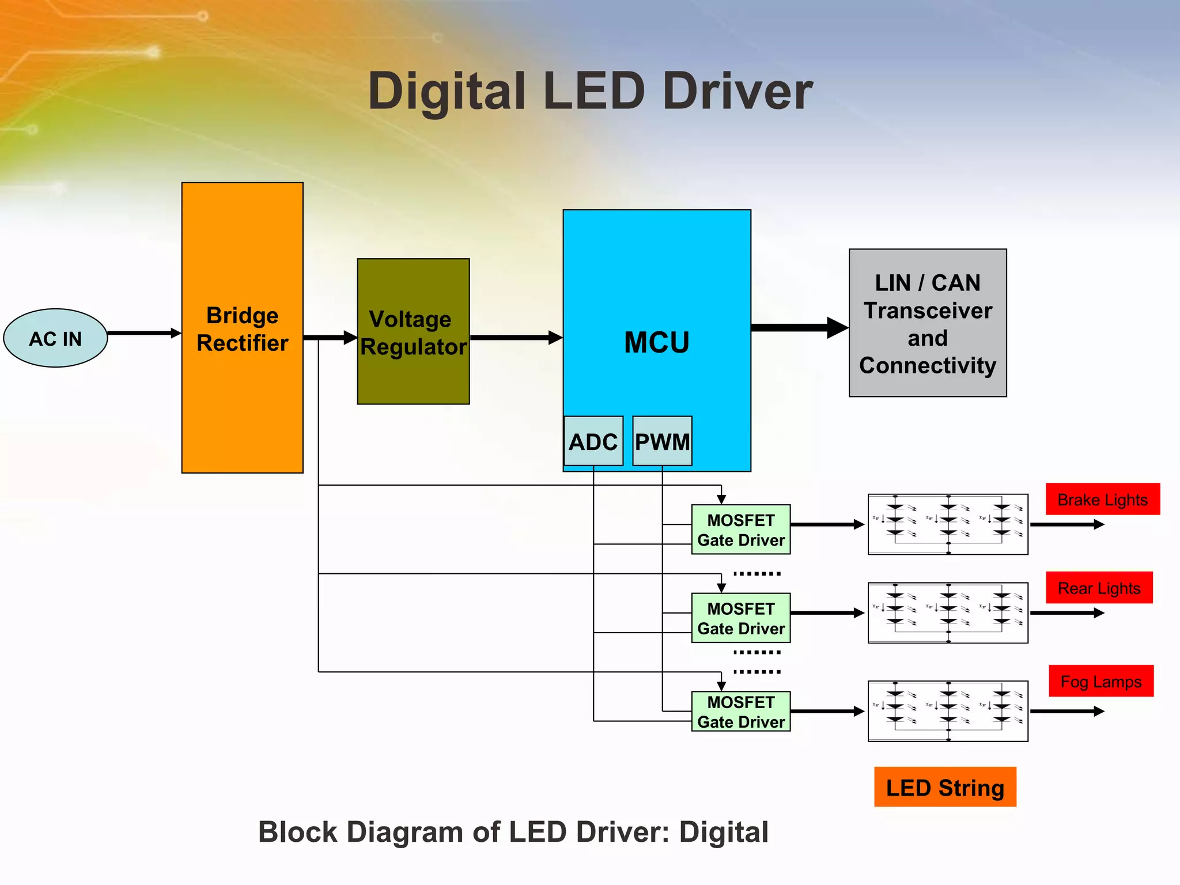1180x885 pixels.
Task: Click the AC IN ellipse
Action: click(x=55, y=338)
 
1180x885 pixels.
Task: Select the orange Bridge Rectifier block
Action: click(x=242, y=328)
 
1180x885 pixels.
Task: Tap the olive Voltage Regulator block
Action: click(x=413, y=332)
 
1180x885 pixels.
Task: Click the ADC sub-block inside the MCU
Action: click(x=593, y=441)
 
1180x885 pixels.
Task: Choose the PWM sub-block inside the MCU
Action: click(x=662, y=441)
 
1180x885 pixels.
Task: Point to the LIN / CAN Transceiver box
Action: click(x=928, y=323)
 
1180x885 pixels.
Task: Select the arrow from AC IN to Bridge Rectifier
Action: click(x=144, y=333)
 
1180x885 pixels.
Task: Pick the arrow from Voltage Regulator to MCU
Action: click(x=516, y=338)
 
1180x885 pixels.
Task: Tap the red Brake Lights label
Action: click(x=1102, y=500)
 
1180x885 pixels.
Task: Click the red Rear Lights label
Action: click(x=1099, y=588)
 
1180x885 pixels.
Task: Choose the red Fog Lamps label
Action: click(x=1100, y=682)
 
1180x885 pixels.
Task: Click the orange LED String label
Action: click(x=945, y=787)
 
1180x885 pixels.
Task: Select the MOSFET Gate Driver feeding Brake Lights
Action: click(x=740, y=530)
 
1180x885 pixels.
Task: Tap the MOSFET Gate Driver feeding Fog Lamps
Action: click(x=740, y=712)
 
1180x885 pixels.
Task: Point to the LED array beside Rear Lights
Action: click(x=948, y=612)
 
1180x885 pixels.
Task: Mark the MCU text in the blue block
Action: click(x=656, y=342)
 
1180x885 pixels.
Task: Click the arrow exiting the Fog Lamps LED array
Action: click(x=1066, y=712)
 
